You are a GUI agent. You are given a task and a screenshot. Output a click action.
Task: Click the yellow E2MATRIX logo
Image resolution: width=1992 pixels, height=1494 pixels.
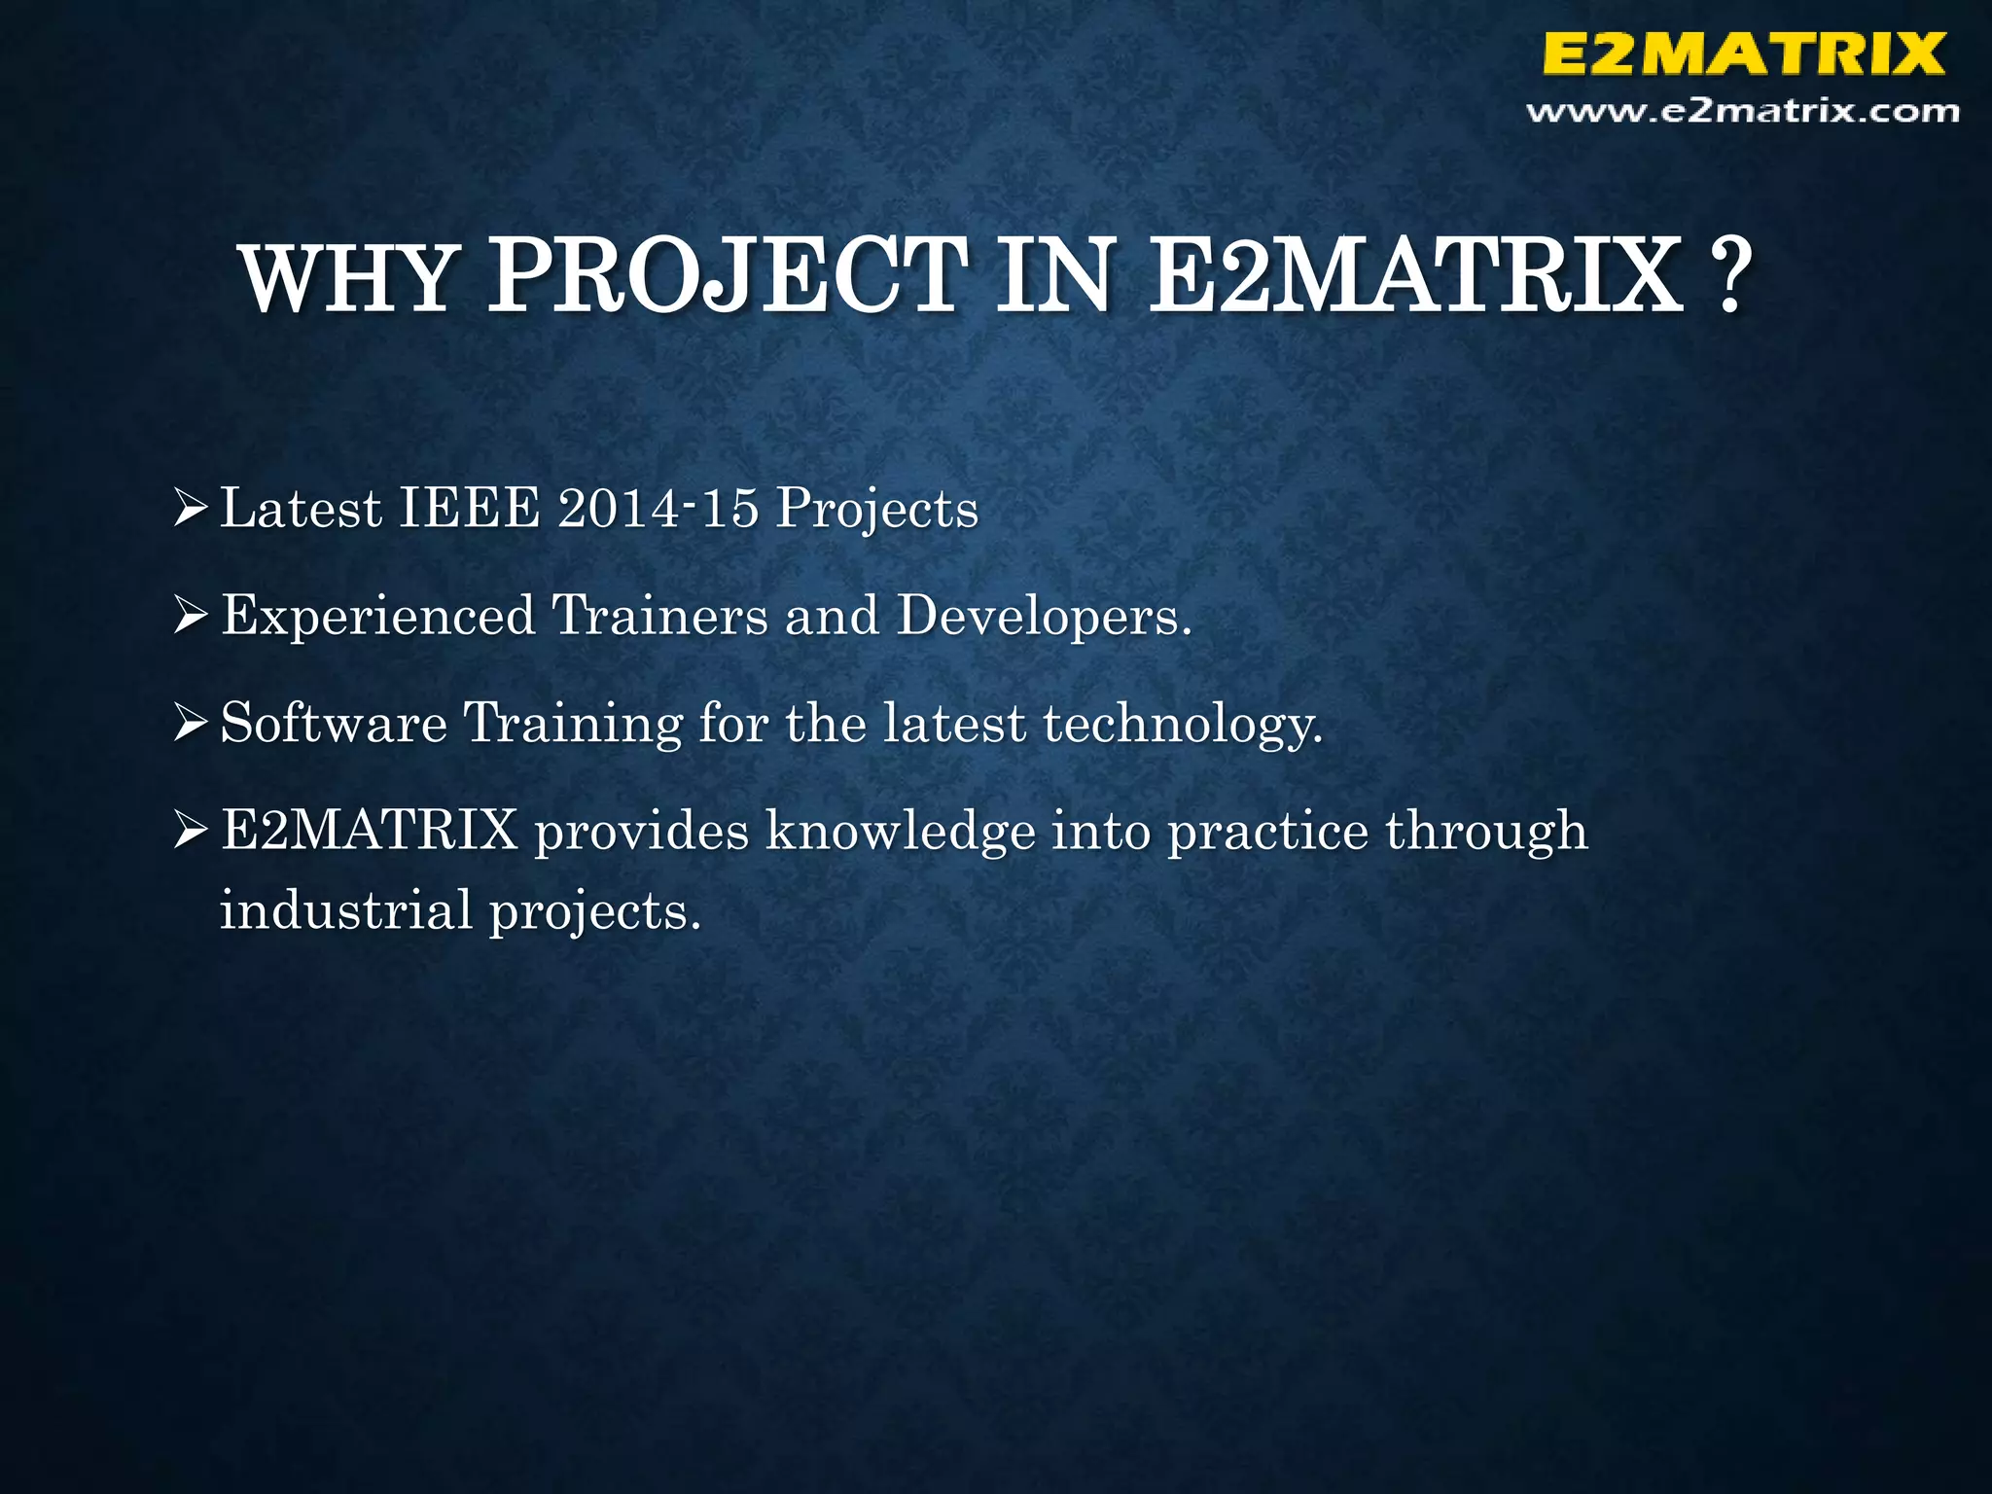coord(1743,53)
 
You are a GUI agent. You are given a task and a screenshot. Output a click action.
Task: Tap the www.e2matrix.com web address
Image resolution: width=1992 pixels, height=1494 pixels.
coord(1743,112)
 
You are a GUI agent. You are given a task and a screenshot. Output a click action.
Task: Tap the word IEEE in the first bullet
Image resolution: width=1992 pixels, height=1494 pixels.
coord(470,509)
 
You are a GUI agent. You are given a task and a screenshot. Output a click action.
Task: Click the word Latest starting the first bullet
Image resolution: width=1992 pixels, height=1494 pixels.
coord(301,509)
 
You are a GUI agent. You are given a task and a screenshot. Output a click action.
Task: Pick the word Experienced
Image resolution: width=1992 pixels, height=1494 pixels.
coord(378,617)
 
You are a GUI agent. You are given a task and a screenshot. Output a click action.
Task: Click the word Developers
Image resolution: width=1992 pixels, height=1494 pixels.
coord(1044,617)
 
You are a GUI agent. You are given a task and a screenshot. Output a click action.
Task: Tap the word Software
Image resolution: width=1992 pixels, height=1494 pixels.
coord(334,724)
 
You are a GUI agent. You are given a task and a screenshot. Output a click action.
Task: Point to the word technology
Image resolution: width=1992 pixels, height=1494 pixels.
coord(1183,726)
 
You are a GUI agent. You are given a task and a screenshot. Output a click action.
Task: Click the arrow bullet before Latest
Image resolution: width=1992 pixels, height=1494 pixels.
coord(191,509)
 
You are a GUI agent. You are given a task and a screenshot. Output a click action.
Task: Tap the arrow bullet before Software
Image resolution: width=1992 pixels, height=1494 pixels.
coord(191,725)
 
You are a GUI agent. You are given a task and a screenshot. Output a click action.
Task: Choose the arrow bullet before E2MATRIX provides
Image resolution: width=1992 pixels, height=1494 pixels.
coord(191,833)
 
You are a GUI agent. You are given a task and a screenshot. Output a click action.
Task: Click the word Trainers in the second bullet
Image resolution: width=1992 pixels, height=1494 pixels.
coord(660,617)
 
